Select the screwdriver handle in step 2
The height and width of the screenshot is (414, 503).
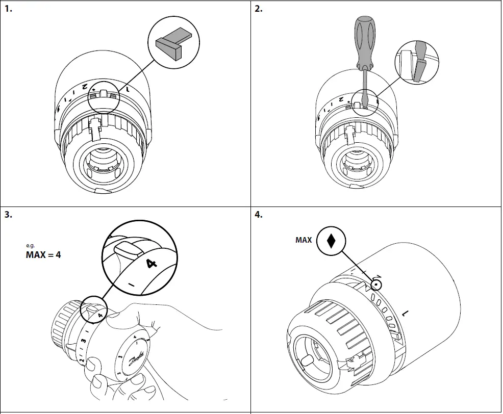point(366,44)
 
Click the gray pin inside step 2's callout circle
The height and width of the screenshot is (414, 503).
point(419,69)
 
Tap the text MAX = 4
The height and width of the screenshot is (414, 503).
point(43,254)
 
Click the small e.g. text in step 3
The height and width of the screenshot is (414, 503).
point(29,245)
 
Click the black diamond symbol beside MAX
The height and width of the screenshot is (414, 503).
point(331,240)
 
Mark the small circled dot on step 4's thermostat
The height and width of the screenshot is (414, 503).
point(376,284)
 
